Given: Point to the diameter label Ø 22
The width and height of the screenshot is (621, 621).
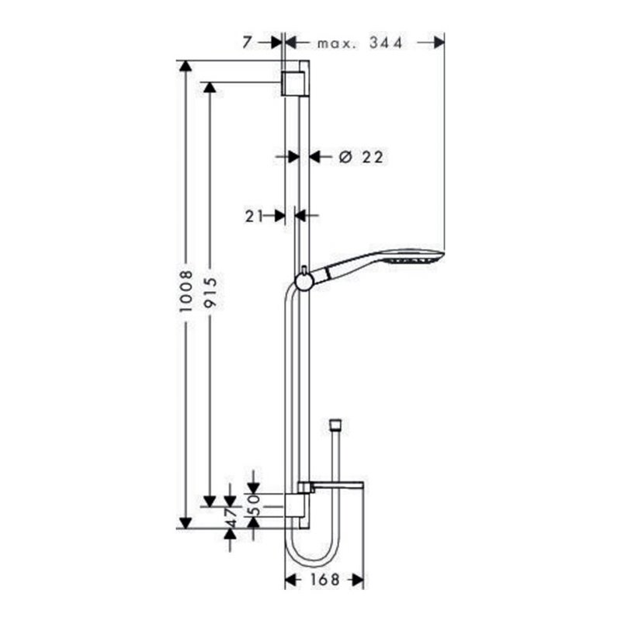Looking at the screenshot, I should click(x=363, y=157).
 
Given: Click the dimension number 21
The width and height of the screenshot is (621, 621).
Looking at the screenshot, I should click(x=252, y=216).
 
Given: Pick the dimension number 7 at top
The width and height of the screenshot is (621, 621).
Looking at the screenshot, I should click(x=247, y=43).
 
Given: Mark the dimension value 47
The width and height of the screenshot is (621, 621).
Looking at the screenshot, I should click(x=230, y=515).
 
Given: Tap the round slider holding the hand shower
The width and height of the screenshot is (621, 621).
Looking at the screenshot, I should click(x=304, y=279).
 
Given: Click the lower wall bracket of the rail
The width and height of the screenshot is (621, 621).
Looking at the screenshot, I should click(x=296, y=507).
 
